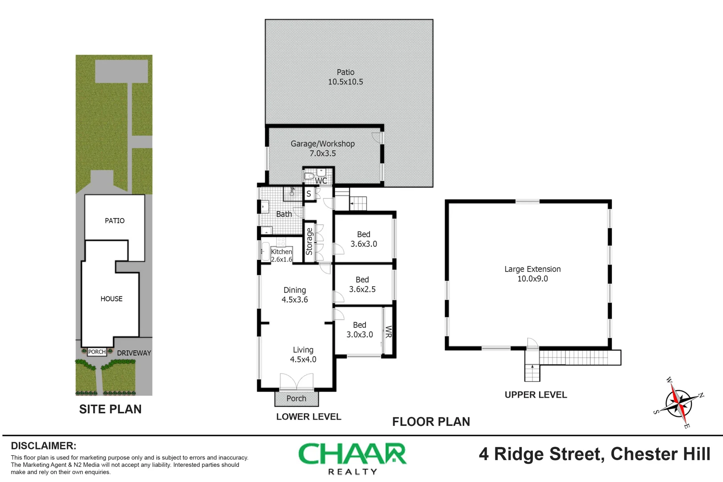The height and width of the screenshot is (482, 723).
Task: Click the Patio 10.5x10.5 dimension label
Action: [345, 77]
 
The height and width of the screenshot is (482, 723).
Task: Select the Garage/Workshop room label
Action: [323, 148]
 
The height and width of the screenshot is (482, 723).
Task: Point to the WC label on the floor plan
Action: [321, 181]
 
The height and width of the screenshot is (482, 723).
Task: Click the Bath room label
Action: [284, 214]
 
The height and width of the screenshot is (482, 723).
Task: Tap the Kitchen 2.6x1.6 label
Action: [282, 255]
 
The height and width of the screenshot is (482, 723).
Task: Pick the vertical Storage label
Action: [309, 241]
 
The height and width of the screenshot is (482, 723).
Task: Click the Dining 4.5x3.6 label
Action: [295, 295]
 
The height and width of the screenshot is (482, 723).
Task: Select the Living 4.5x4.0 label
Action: [303, 354]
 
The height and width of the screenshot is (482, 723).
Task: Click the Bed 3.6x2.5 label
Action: [362, 284]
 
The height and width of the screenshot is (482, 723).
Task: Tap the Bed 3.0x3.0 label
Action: [360, 330]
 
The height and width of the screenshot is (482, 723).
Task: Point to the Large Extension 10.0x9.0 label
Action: [532, 274]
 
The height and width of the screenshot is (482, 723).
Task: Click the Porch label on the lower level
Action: [296, 399]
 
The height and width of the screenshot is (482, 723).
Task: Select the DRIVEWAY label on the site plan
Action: [134, 353]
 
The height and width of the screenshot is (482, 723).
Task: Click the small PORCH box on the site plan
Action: [97, 352]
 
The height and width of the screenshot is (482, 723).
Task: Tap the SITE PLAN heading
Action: [110, 409]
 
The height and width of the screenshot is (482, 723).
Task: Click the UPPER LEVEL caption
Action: [536, 395]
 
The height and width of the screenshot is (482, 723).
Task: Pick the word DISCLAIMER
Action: [43, 446]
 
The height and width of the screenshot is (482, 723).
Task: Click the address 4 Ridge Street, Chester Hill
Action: [594, 454]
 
